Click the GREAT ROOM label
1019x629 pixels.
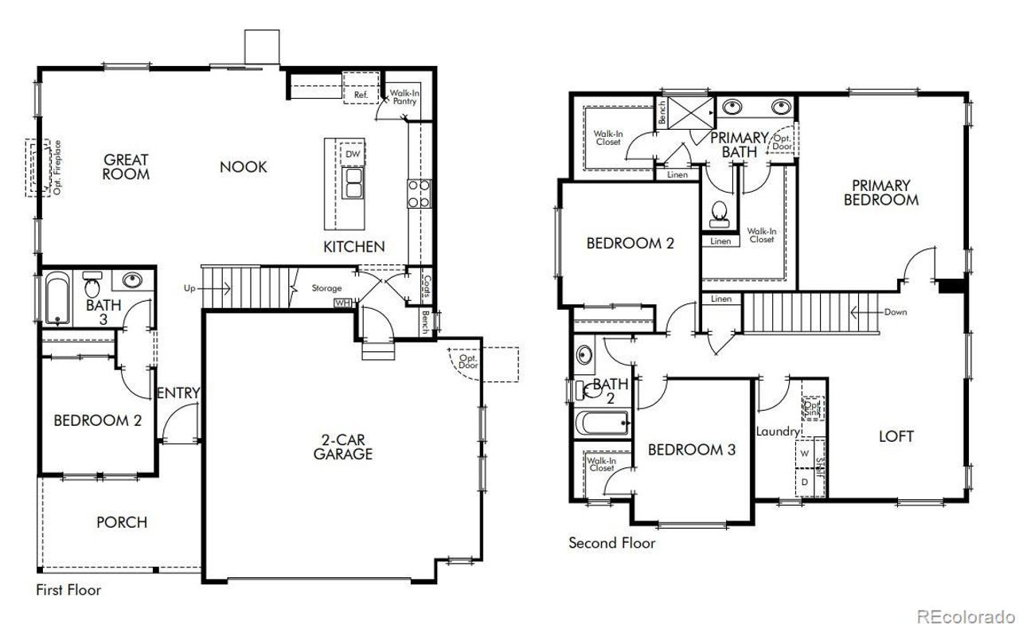click(126, 166)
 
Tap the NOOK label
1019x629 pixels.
click(244, 167)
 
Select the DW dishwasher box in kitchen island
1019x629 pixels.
click(352, 154)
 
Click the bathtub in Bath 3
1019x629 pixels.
click(57, 299)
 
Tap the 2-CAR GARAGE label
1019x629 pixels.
click(342, 447)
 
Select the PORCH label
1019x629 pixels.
click(122, 522)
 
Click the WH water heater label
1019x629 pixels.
click(342, 303)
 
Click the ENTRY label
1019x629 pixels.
click(178, 393)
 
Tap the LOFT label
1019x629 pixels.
click(896, 436)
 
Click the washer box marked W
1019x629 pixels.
click(804, 453)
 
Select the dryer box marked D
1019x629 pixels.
click(804, 482)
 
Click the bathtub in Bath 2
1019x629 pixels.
click(603, 422)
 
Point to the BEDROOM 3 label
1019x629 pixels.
click(691, 450)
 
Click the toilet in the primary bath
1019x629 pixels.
click(720, 212)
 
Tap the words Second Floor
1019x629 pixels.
click(611, 543)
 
